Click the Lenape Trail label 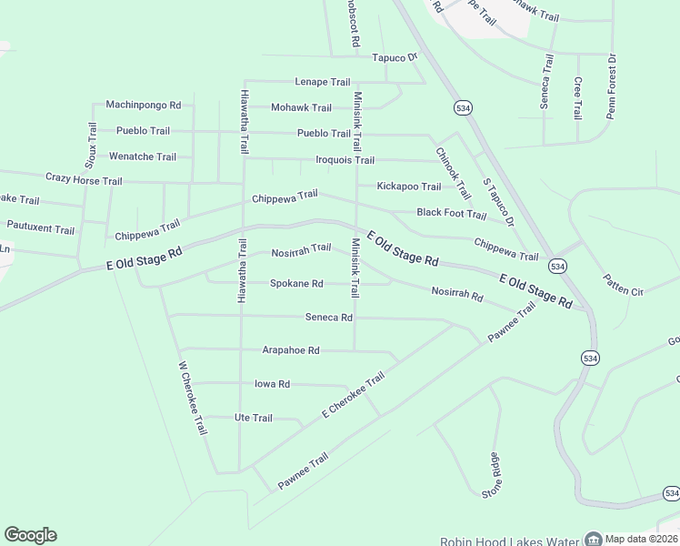(322, 82)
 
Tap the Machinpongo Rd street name (143, 106)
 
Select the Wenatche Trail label (143, 157)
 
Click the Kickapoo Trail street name (408, 187)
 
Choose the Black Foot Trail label (451, 213)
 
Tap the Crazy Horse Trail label (84, 180)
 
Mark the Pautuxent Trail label (40, 228)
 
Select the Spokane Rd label (296, 284)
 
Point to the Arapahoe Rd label (291, 349)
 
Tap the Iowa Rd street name (272, 384)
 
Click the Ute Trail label (254, 418)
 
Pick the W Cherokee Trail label (193, 399)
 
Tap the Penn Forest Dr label (612, 87)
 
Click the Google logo (30, 535)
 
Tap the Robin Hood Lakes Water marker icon (593, 539)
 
